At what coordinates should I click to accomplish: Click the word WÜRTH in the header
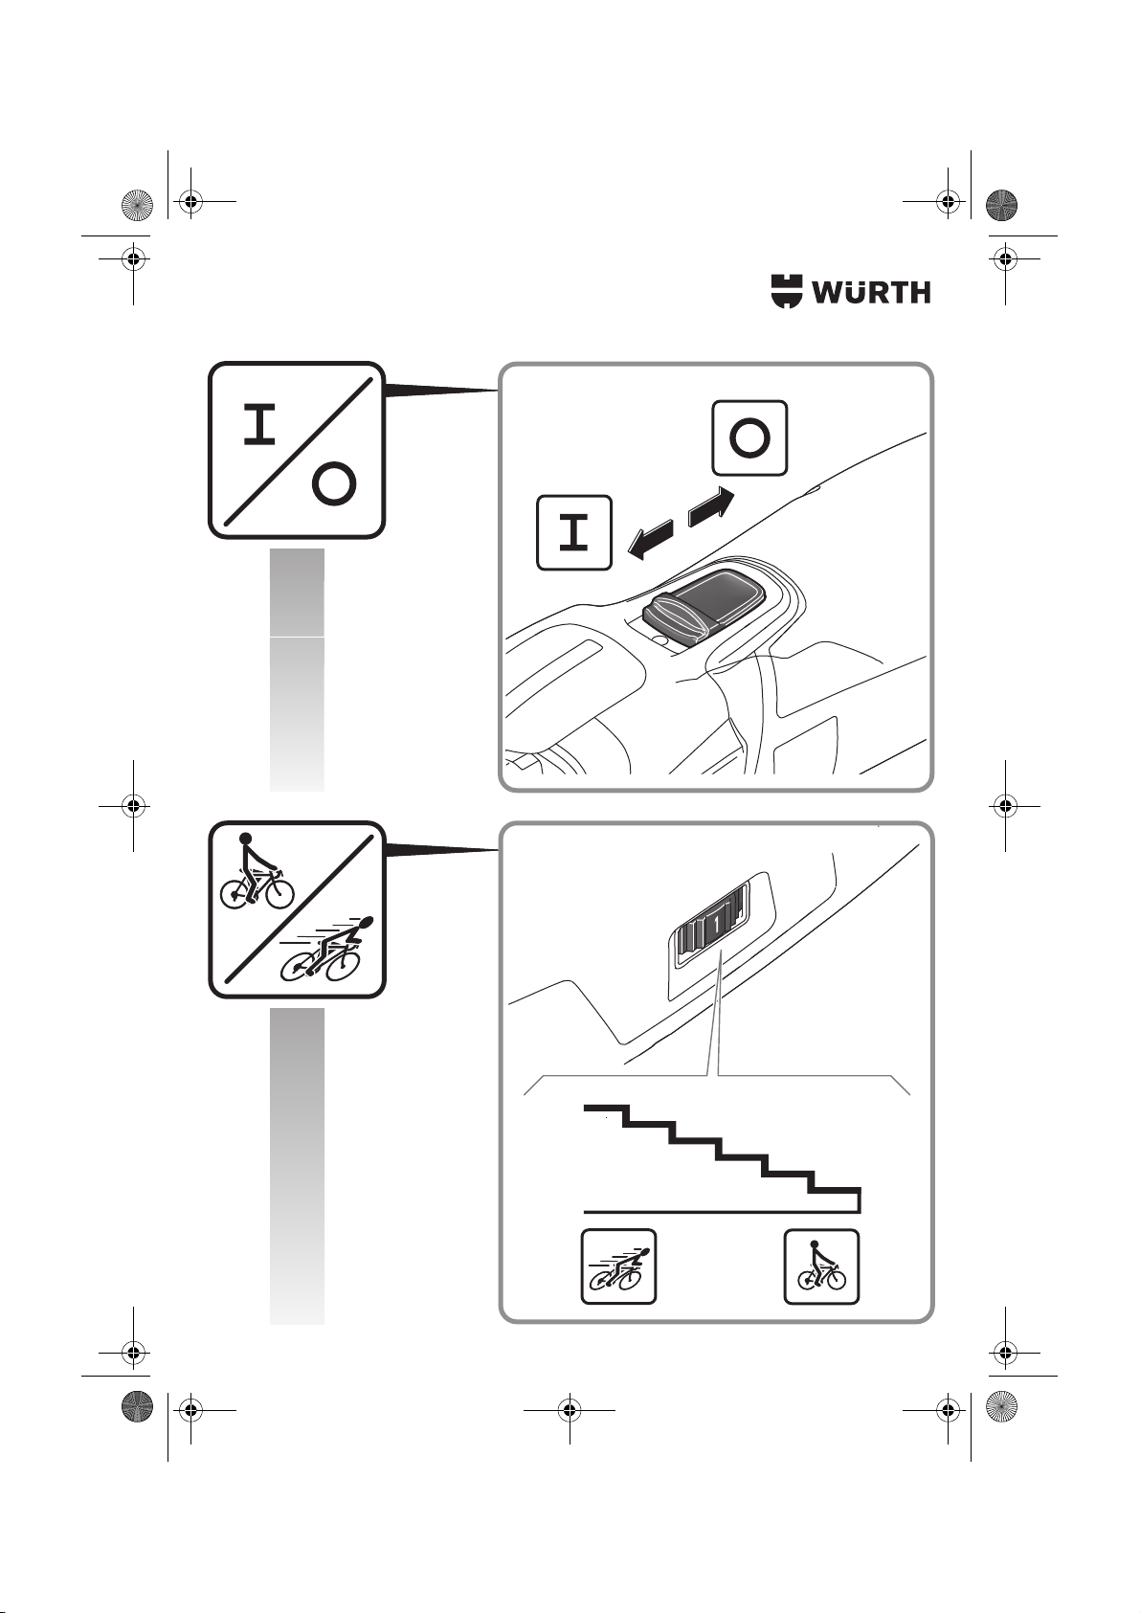click(x=872, y=292)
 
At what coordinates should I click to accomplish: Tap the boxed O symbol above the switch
click(x=749, y=437)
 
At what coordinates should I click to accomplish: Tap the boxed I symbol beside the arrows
click(x=574, y=533)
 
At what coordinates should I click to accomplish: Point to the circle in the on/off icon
click(x=333, y=484)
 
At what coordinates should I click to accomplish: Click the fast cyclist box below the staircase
click(x=618, y=1266)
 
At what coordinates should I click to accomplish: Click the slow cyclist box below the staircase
click(x=821, y=1266)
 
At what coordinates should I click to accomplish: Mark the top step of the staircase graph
click(x=603, y=1110)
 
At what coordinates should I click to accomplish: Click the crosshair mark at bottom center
click(x=570, y=1409)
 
